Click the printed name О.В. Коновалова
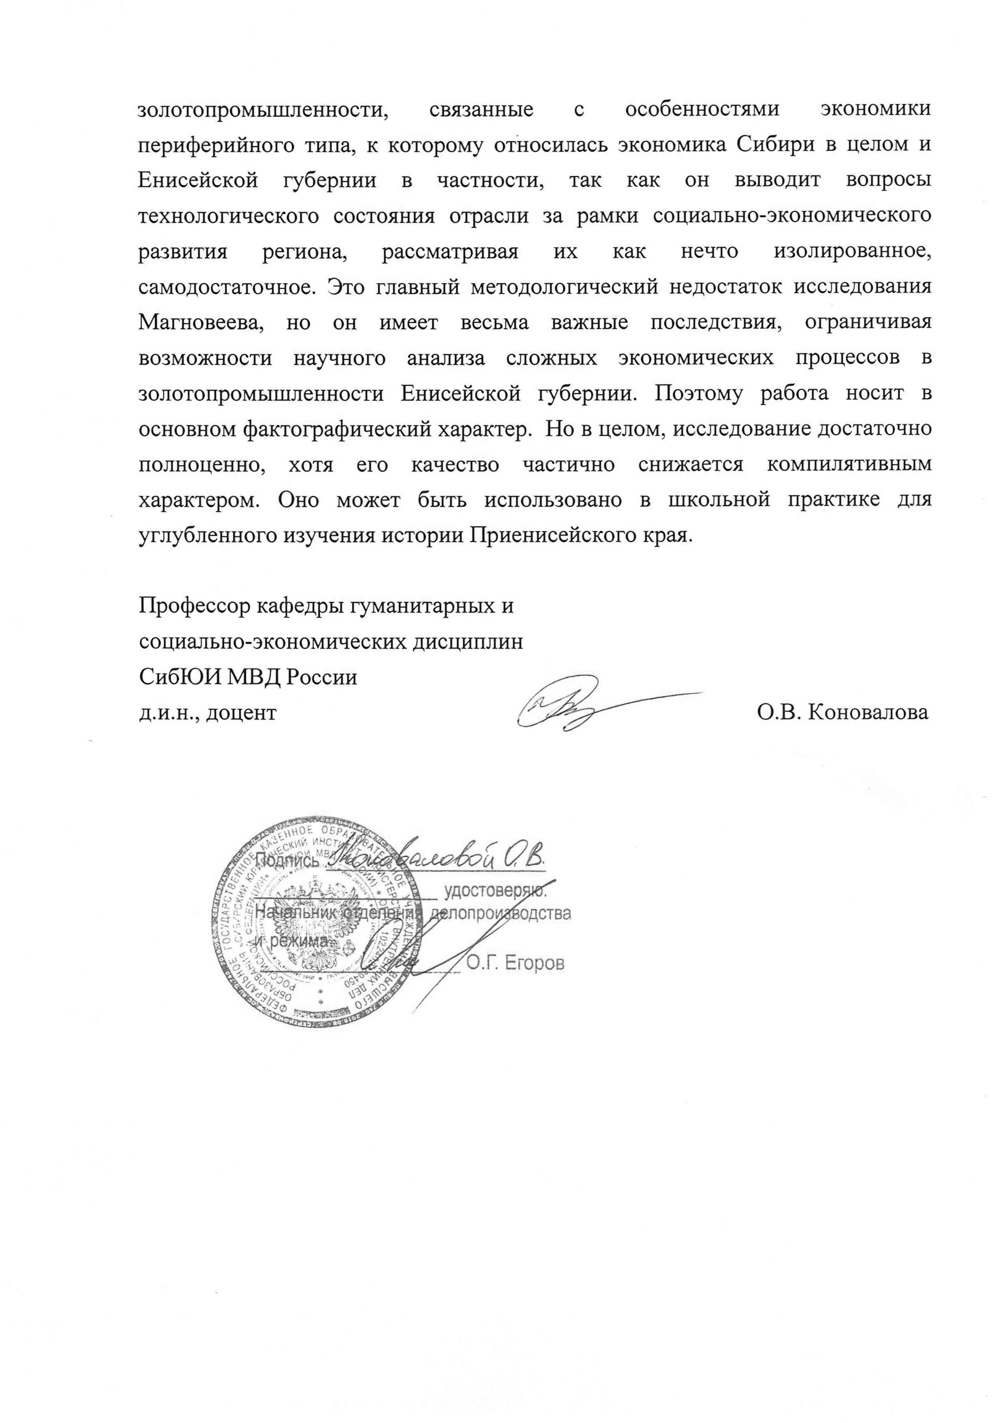coord(842,712)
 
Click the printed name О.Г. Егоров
coord(515,964)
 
